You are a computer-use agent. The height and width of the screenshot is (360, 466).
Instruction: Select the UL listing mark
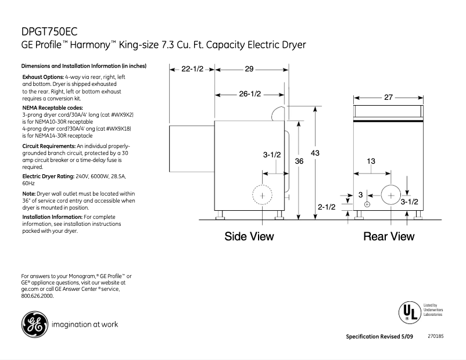click(408, 312)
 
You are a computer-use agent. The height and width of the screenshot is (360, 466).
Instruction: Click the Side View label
click(249, 236)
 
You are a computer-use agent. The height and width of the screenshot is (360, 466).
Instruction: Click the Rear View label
click(389, 236)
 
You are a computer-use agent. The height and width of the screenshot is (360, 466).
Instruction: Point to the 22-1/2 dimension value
click(192, 69)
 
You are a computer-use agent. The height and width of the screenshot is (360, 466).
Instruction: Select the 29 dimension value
click(249, 69)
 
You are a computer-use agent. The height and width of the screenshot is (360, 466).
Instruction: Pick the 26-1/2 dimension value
click(249, 93)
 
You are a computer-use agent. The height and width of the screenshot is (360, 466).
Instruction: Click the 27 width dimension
click(389, 98)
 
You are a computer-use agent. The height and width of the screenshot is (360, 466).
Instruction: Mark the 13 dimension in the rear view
click(370, 161)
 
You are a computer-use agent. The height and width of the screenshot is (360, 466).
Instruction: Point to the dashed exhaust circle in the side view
click(262, 196)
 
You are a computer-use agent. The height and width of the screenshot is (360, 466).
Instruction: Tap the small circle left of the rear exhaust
click(367, 204)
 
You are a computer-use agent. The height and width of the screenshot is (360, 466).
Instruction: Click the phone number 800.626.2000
click(37, 296)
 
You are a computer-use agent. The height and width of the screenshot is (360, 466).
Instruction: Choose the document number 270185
click(435, 336)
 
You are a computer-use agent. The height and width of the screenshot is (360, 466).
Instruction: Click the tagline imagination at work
click(85, 325)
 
